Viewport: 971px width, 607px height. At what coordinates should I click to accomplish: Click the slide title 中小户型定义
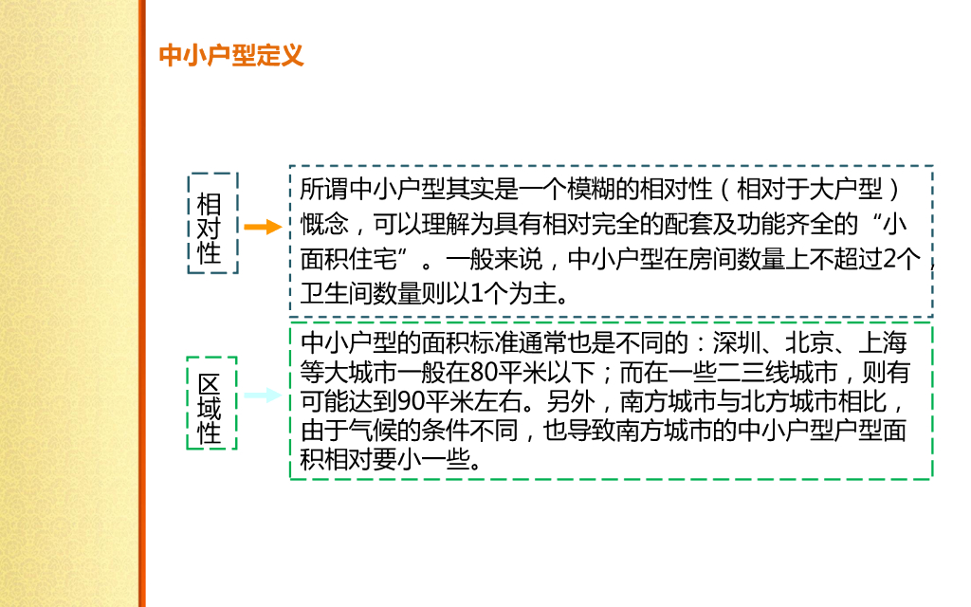230,55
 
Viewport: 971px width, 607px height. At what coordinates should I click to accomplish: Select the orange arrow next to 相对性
263,228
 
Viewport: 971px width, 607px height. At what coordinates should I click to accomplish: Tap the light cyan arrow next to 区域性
262,395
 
